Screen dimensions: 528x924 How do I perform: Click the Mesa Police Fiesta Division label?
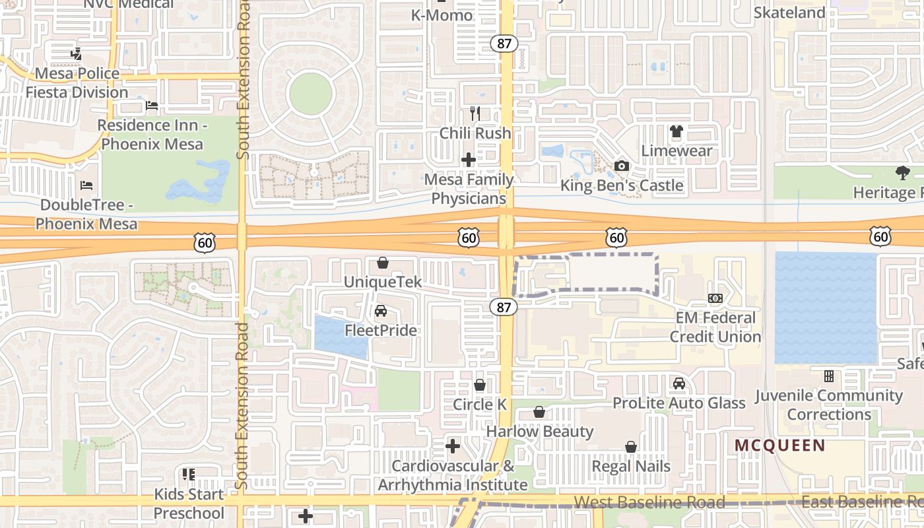pyautogui.click(x=77, y=82)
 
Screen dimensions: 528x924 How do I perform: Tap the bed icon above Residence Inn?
pyautogui.click(x=151, y=106)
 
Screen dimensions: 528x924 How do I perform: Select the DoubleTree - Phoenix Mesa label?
pyautogui.click(x=86, y=214)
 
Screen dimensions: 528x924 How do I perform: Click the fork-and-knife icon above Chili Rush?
pyautogui.click(x=475, y=113)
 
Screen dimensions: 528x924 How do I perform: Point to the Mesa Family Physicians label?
pyautogui.click(x=469, y=189)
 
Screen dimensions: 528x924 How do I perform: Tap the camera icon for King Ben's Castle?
pyautogui.click(x=621, y=166)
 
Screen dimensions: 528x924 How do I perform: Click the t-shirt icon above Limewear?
pyautogui.click(x=676, y=131)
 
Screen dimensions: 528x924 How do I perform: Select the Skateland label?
pyautogui.click(x=789, y=13)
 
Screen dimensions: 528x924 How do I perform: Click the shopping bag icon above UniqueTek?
pyautogui.click(x=382, y=263)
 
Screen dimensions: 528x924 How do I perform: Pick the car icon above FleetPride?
pyautogui.click(x=381, y=311)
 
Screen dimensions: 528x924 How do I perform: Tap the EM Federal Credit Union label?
pyautogui.click(x=715, y=327)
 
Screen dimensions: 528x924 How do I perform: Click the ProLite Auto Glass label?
pyautogui.click(x=679, y=403)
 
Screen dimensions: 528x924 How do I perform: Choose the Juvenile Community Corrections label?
pyautogui.click(x=829, y=405)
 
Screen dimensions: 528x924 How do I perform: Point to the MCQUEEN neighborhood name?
pyautogui.click(x=780, y=445)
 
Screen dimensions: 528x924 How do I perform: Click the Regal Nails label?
pyautogui.click(x=631, y=466)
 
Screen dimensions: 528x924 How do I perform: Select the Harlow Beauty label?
pyautogui.click(x=540, y=431)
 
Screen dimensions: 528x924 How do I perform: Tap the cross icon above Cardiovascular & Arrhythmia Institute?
pyautogui.click(x=452, y=447)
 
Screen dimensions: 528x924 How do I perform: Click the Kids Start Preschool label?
pyautogui.click(x=189, y=504)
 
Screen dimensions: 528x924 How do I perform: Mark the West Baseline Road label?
pyautogui.click(x=649, y=502)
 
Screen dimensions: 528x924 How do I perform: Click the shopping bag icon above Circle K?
pyautogui.click(x=480, y=385)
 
